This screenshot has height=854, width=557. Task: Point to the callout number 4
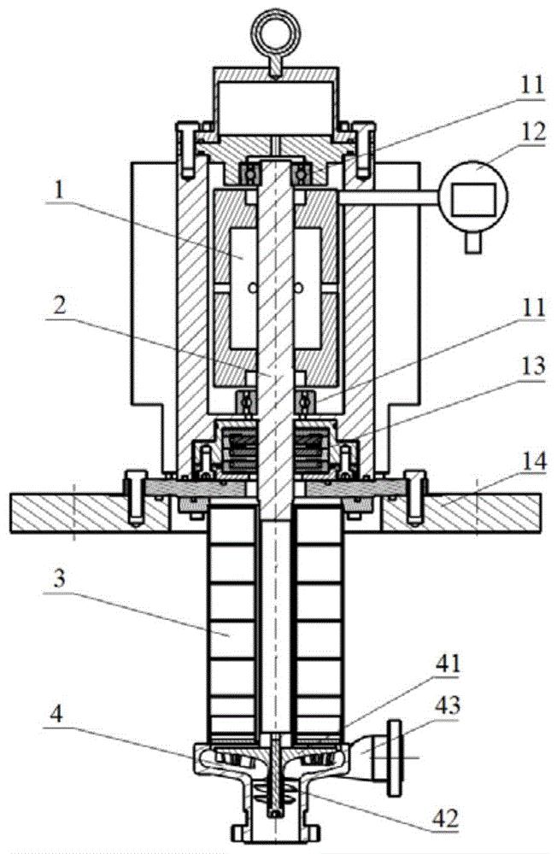(x=56, y=715)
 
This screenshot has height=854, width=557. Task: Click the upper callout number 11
(x=531, y=85)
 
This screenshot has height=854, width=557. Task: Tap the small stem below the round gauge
(x=473, y=241)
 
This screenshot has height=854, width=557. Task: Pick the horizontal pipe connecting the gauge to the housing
(x=389, y=198)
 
